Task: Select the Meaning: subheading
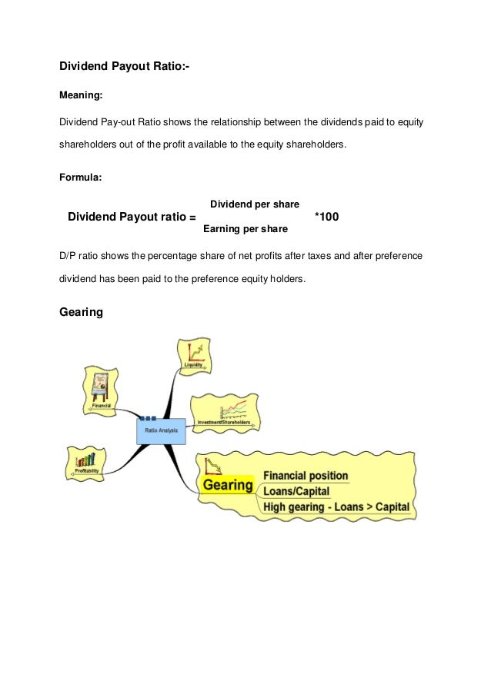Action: (81, 96)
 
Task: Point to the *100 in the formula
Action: (327, 217)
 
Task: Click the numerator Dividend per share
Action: (255, 204)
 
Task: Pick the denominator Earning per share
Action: (245, 229)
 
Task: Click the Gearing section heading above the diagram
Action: (81, 313)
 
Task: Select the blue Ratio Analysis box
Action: (162, 430)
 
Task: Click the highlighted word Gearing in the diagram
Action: (227, 485)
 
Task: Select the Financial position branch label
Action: (306, 476)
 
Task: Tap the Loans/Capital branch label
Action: (296, 491)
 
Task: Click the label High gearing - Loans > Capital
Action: (336, 507)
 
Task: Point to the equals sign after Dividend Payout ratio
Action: (192, 218)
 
